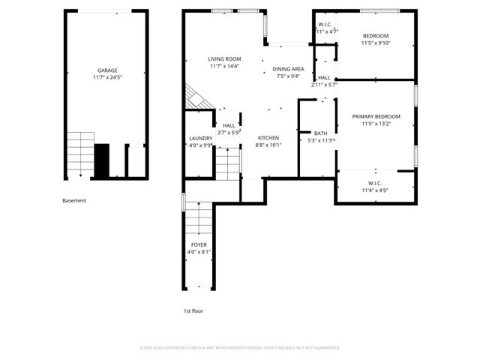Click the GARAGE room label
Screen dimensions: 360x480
(x=106, y=70)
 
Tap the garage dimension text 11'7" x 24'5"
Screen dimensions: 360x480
(x=106, y=77)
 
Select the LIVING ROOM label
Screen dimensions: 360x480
(x=224, y=58)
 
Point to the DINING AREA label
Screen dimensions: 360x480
(x=288, y=68)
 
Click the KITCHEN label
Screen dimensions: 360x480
(x=268, y=138)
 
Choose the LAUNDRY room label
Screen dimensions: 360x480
(x=200, y=138)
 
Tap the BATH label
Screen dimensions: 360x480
(x=320, y=133)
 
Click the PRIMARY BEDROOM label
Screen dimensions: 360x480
(x=376, y=116)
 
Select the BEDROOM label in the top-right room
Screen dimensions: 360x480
(x=376, y=36)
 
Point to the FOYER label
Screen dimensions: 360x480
(x=199, y=244)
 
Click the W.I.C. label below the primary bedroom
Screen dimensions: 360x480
(x=375, y=183)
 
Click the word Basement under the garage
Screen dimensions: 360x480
(x=74, y=200)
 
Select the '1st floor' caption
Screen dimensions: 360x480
(x=193, y=310)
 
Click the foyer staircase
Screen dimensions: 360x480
(x=199, y=217)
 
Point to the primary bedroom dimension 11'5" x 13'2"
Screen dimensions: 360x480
(x=376, y=124)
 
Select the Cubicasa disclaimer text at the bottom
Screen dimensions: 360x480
(x=240, y=348)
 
